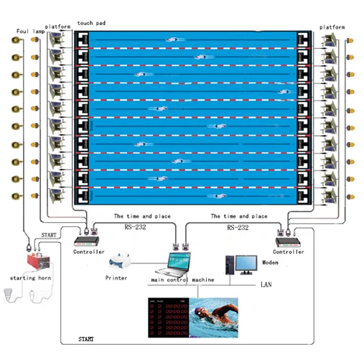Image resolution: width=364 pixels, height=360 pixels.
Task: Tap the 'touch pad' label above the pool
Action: (x=91, y=23)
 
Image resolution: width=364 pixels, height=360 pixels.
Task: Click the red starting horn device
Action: (x=32, y=260)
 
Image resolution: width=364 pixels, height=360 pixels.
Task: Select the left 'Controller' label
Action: (x=88, y=252)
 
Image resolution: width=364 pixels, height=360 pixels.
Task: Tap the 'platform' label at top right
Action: (x=332, y=27)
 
